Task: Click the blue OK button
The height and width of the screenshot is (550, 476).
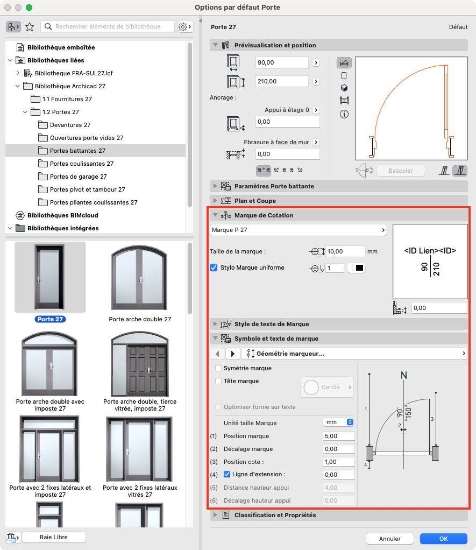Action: tap(443, 538)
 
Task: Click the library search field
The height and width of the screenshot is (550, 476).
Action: tap(108, 26)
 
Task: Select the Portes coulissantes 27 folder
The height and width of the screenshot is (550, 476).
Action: tap(81, 164)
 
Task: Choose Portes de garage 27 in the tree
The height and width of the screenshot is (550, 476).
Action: tap(78, 177)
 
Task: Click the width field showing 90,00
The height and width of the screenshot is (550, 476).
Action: tap(282, 62)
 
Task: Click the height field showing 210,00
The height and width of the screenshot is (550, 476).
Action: tap(282, 81)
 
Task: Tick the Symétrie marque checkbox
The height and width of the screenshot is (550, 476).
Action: tap(218, 368)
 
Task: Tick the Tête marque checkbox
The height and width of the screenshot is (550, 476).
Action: tap(218, 381)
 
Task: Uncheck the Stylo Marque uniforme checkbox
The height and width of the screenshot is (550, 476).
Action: tap(214, 267)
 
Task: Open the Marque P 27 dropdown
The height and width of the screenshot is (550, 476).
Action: tap(299, 230)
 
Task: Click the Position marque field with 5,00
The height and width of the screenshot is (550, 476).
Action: tap(339, 436)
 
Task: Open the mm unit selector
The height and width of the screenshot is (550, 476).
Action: tap(339, 422)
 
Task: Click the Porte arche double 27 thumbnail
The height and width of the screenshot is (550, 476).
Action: tap(139, 278)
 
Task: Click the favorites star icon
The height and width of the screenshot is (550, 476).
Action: tap(30, 27)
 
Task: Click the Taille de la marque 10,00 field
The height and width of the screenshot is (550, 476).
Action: tap(345, 251)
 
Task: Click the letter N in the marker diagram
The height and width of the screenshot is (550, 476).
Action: tap(404, 375)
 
